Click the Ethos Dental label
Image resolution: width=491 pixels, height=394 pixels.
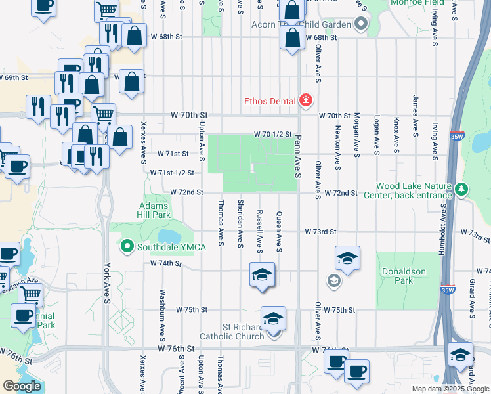(x=270, y=101)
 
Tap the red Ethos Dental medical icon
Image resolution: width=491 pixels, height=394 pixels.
(x=305, y=100)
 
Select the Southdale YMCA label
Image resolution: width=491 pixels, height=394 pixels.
(x=171, y=247)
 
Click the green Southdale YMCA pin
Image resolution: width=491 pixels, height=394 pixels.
(x=127, y=247)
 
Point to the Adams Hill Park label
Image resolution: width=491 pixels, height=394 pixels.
(x=154, y=209)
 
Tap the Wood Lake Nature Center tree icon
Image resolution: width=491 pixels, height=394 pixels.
(x=462, y=190)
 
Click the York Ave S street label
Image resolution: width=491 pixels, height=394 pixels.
(x=107, y=284)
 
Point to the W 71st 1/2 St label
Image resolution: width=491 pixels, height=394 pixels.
(x=172, y=173)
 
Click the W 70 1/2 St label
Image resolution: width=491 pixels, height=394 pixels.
(x=273, y=135)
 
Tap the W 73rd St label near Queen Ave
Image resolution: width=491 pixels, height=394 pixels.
(x=320, y=232)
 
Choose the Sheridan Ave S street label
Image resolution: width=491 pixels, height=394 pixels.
(x=241, y=223)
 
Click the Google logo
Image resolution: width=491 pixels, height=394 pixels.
(x=22, y=386)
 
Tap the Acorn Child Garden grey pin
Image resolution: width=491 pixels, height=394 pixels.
(x=360, y=26)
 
